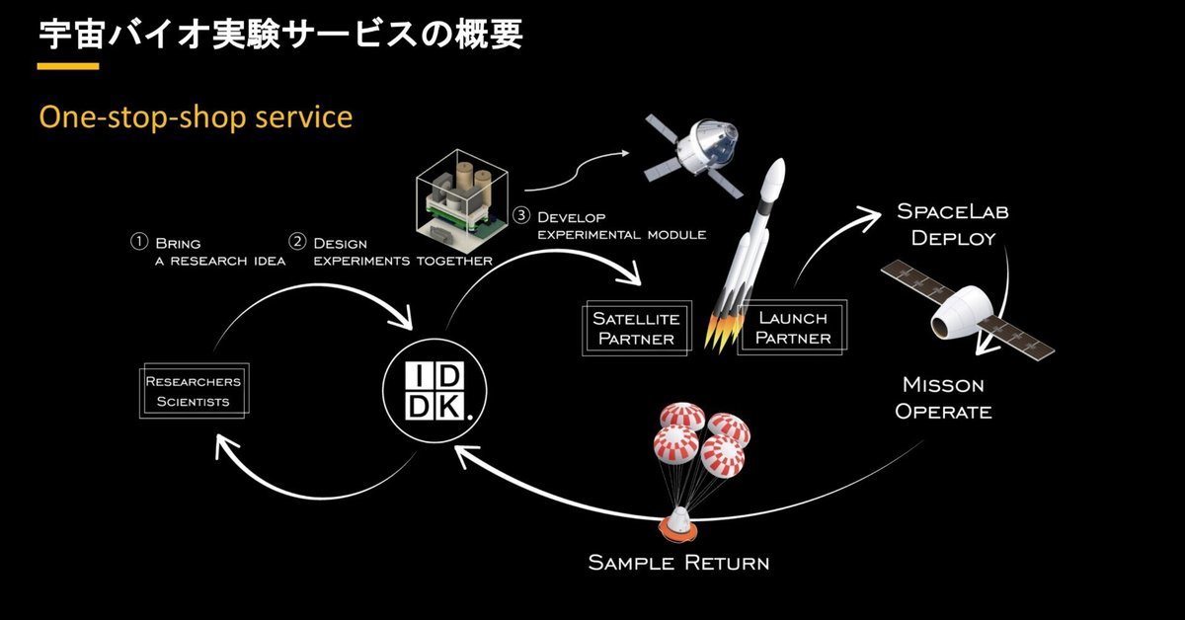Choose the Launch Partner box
tap(793, 328)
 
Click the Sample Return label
tap(678, 563)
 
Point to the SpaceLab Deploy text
tap(952, 225)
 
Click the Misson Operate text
tap(943, 398)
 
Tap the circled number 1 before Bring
tap(139, 242)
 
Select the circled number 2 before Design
tap(296, 242)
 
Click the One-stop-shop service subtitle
tap(196, 116)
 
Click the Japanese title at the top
tap(279, 33)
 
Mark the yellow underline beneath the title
tap(68, 66)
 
